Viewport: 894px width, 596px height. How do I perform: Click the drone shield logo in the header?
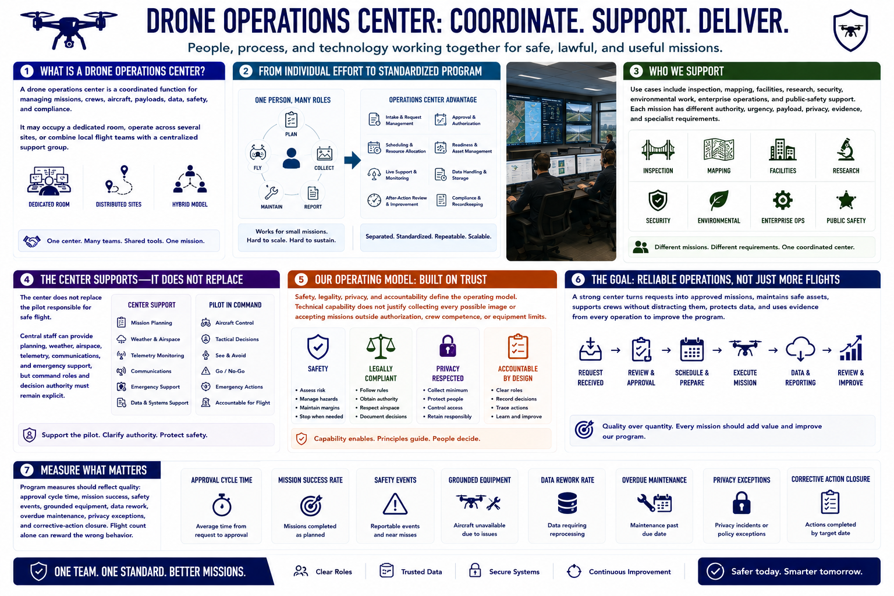pos(850,31)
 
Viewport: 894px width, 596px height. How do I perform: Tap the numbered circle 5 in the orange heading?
pos(301,279)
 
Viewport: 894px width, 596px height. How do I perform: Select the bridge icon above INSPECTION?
pos(658,150)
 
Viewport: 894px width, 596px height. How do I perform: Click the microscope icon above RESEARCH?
pos(845,150)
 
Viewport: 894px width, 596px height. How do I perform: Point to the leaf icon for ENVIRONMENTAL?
pos(718,200)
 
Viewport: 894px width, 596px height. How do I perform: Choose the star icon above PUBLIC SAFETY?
pos(846,200)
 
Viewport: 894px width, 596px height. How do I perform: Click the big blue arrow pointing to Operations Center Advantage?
pos(352,160)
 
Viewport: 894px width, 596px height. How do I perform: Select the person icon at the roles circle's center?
pos(291,158)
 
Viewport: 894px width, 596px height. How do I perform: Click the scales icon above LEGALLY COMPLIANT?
pos(381,346)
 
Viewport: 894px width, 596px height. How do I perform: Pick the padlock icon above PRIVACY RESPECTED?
pos(448,346)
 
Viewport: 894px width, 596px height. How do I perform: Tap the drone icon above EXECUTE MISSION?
pos(745,347)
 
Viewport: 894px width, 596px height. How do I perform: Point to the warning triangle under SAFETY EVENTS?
pos(395,504)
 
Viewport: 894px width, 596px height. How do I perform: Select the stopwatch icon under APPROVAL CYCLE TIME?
pos(222,505)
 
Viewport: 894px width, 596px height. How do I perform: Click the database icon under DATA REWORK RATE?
pos(567,503)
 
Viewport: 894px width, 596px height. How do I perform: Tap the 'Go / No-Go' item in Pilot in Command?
pos(230,371)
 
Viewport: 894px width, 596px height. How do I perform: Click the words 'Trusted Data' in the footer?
pos(421,572)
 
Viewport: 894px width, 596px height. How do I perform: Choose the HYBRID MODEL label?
pos(190,204)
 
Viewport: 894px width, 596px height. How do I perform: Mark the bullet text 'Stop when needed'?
pos(321,416)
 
